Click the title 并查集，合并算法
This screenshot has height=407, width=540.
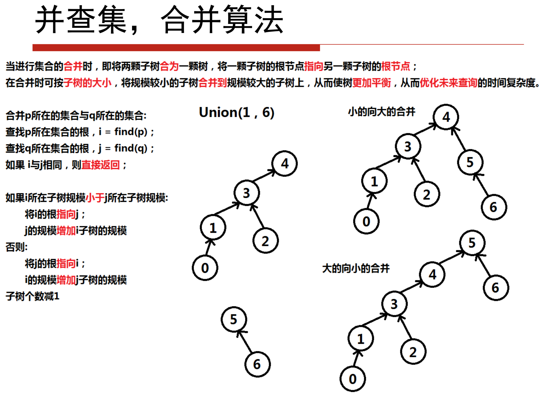[159, 20]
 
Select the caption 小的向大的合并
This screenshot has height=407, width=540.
[381, 112]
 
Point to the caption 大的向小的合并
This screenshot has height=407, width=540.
[356, 268]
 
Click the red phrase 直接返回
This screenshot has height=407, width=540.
[100, 165]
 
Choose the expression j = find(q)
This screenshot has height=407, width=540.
[123, 148]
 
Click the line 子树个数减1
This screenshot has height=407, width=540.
[32, 296]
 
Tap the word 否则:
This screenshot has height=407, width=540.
[17, 247]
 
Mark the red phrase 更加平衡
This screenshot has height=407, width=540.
[372, 83]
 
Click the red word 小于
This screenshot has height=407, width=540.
[95, 198]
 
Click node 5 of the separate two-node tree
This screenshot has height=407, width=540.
[234, 319]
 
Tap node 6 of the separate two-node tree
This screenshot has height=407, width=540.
[257, 364]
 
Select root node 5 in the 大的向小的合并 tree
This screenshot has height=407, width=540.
[472, 243]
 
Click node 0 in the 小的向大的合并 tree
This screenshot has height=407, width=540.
[366, 221]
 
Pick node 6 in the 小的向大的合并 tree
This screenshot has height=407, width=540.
[494, 207]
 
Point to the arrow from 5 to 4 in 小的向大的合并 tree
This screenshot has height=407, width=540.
[458, 139]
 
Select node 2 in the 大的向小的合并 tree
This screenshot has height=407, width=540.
[413, 352]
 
